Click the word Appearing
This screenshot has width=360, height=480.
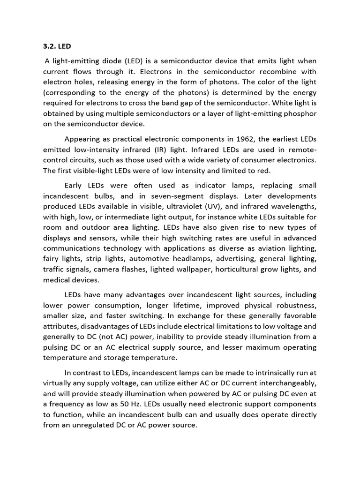81,139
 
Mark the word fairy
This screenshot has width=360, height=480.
51,259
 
